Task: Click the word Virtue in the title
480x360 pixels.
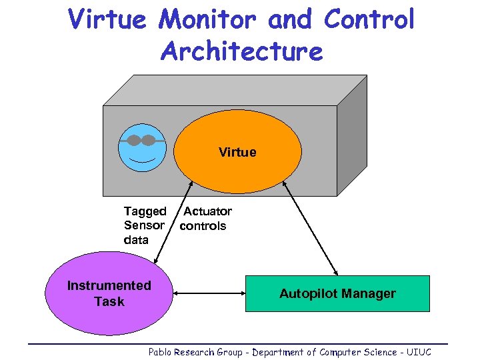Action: (x=107, y=21)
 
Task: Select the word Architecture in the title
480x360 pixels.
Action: (x=241, y=52)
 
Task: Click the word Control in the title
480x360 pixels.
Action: (x=369, y=21)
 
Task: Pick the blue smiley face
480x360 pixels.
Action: (x=141, y=148)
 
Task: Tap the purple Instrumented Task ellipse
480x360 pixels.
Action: (x=109, y=293)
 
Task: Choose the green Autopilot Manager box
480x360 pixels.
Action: (x=337, y=293)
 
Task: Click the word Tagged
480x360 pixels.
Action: (x=145, y=212)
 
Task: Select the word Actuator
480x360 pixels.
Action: (x=208, y=212)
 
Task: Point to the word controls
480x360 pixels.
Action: (x=203, y=226)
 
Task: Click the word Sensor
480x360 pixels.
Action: (x=144, y=226)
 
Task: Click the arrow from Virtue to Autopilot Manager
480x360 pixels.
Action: (x=311, y=227)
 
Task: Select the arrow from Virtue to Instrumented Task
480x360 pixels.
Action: (x=169, y=227)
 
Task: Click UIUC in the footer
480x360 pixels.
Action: (x=418, y=352)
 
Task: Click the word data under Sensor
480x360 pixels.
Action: (x=136, y=240)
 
